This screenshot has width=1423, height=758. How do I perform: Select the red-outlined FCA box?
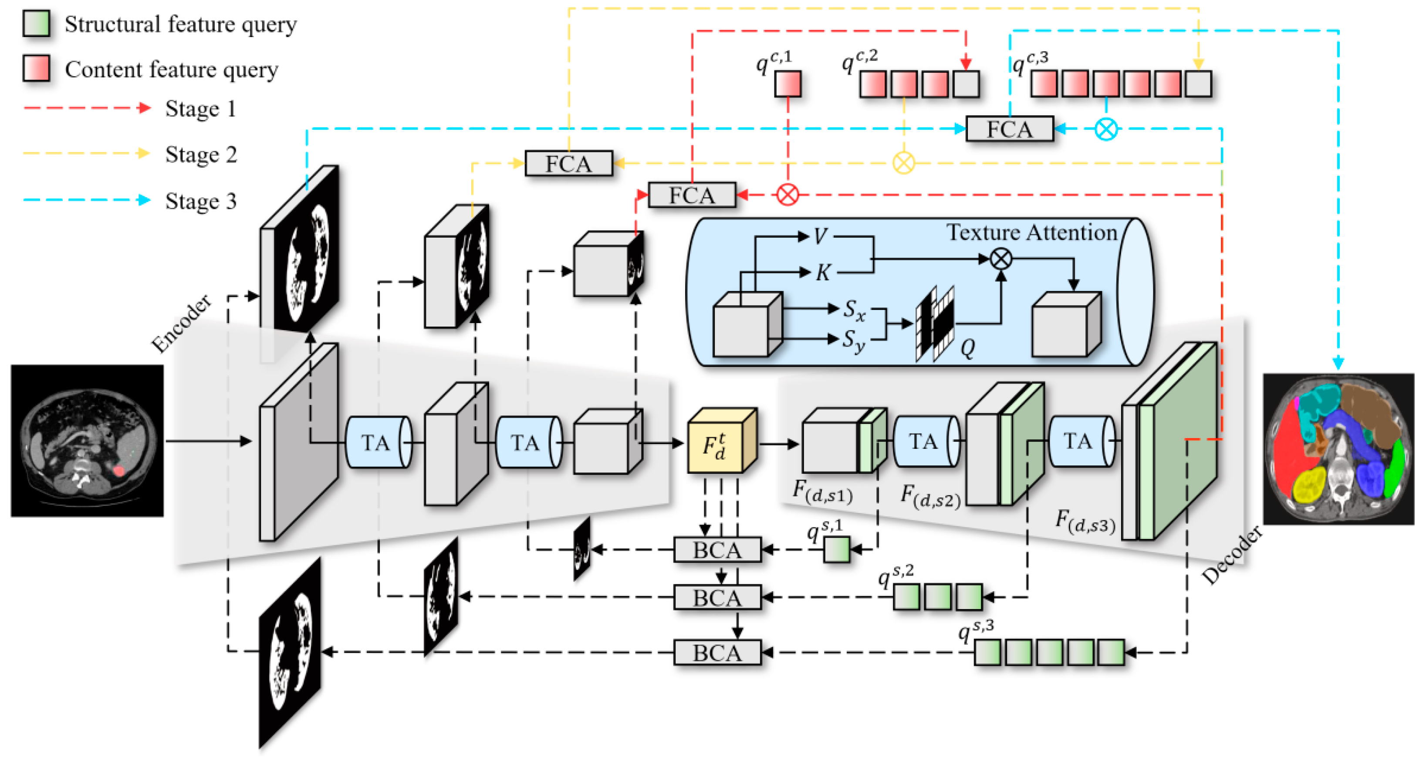pyautogui.click(x=692, y=195)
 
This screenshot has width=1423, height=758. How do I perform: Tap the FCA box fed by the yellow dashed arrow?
pyautogui.click(x=568, y=163)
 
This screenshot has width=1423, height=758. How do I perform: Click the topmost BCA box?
pyautogui.click(x=717, y=550)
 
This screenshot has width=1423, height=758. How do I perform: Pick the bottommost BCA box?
pyautogui.click(x=717, y=653)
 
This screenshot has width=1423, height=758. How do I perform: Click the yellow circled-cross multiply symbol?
pyautogui.click(x=904, y=163)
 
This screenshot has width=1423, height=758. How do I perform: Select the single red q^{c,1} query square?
pyautogui.click(x=787, y=84)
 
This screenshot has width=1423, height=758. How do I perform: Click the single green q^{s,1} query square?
pyautogui.click(x=836, y=550)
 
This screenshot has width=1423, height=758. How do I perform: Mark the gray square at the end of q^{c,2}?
pyautogui.click(x=966, y=84)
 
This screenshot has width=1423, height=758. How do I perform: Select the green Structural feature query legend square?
pyautogui.click(x=37, y=24)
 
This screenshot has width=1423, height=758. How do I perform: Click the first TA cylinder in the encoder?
pyautogui.click(x=377, y=442)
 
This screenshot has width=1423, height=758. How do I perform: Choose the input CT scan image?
pyautogui.click(x=87, y=441)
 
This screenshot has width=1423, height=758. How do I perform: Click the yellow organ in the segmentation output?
pyautogui.click(x=1310, y=485)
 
